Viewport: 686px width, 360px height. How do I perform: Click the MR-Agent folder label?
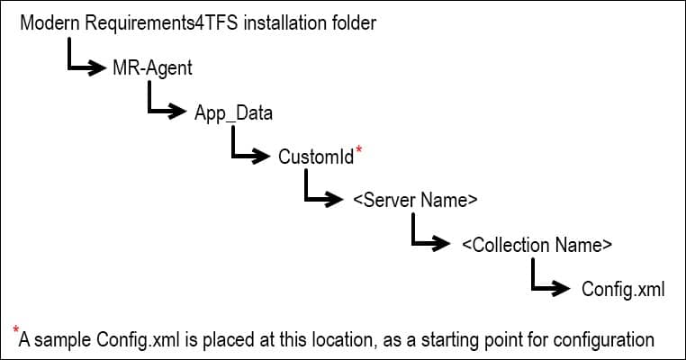tap(152, 68)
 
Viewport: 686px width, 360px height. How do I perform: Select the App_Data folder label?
tap(233, 112)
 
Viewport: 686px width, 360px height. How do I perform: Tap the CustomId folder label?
tap(316, 157)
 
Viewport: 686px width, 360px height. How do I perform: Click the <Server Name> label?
tap(415, 200)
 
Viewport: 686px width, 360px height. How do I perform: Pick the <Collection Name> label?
tap(537, 245)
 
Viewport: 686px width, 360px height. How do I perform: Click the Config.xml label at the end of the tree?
tap(623, 290)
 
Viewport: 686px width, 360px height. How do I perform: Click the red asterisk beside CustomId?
tap(358, 149)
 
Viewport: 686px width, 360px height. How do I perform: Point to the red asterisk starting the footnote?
tap(16, 328)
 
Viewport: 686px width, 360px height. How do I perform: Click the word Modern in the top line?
tap(50, 22)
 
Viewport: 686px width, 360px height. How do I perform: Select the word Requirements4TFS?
tap(161, 23)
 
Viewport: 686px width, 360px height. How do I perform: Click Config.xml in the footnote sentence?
tap(138, 340)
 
